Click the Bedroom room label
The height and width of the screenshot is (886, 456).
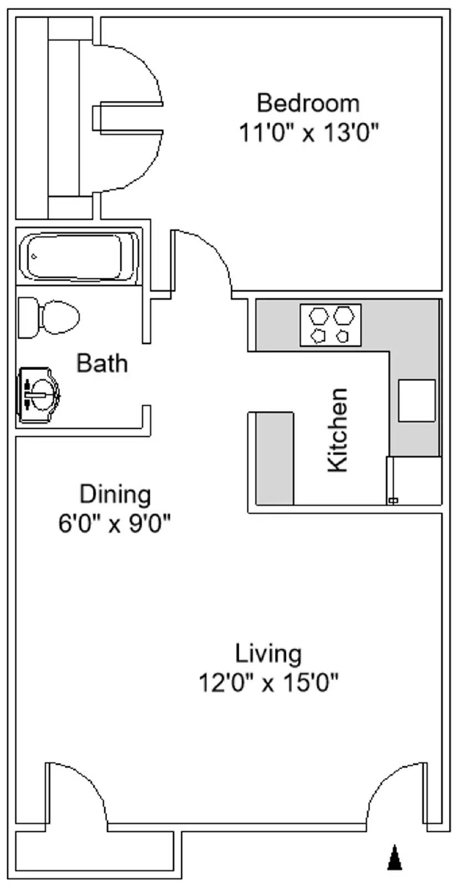[x=308, y=104]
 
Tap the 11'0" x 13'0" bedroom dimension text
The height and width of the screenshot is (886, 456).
[x=308, y=133]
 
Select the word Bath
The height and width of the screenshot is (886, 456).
[x=102, y=363]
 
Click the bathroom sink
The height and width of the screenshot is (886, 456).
[x=39, y=395]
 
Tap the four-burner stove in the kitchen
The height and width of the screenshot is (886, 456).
[x=330, y=325]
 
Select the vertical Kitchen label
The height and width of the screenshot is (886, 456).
[x=337, y=430]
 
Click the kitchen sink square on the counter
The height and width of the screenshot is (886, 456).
[x=416, y=400]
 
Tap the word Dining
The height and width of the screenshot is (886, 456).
[x=115, y=494]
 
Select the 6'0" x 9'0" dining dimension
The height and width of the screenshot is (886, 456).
[x=114, y=523]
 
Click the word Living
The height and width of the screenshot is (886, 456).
[x=269, y=653]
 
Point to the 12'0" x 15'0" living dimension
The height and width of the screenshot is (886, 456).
[x=269, y=683]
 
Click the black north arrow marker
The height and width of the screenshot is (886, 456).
[x=394, y=858]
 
